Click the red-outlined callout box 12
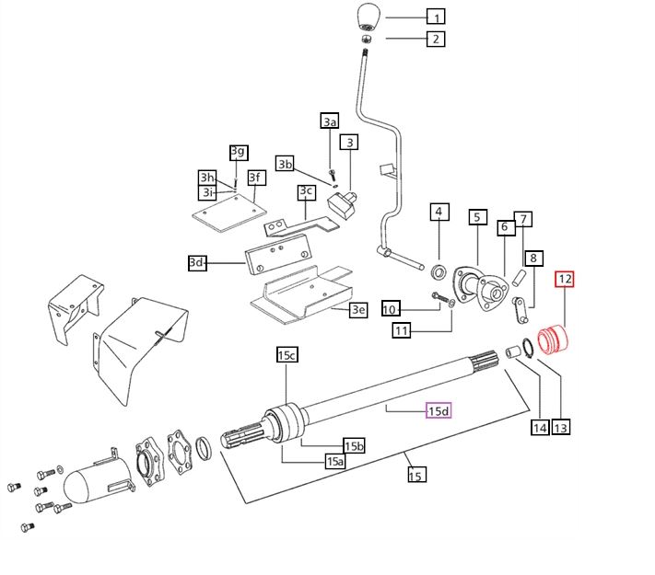[x=564, y=278]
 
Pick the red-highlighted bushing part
[x=555, y=339]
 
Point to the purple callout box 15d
[x=438, y=411]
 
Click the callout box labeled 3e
[x=358, y=310]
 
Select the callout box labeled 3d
[x=196, y=263]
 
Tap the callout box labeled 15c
[x=287, y=354]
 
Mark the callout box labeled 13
[x=560, y=427]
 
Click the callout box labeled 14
[x=538, y=427]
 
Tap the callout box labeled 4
[x=439, y=213]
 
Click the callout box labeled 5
[x=477, y=217]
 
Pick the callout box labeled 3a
[x=329, y=121]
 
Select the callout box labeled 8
[x=533, y=259]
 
